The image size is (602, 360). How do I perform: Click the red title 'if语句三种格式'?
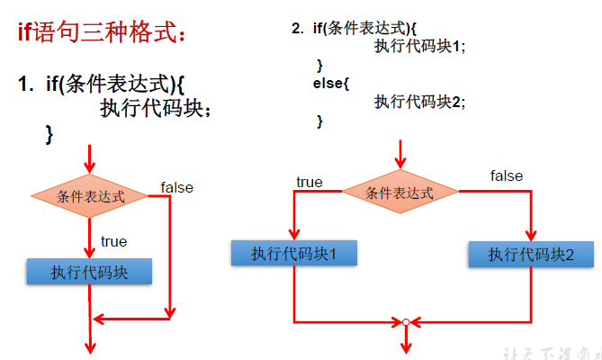(103, 34)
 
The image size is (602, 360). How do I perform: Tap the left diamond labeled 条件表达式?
(89, 195)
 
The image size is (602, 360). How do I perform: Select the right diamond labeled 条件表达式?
(400, 192)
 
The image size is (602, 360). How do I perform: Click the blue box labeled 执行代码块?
(89, 271)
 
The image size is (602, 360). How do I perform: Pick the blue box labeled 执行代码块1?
(293, 253)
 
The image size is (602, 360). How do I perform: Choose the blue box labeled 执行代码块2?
(531, 254)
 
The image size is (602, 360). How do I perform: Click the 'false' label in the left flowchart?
(177, 187)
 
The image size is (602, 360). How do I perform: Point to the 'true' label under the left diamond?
(113, 241)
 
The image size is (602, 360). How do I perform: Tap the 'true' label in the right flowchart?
(309, 182)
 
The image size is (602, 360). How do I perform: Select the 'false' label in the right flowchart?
(507, 175)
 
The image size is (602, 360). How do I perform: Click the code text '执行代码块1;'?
(420, 48)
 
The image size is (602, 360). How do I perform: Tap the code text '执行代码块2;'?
(420, 102)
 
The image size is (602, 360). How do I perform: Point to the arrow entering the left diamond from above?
(89, 160)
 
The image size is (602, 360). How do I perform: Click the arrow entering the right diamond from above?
(400, 154)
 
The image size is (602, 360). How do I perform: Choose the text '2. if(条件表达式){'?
(353, 28)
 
